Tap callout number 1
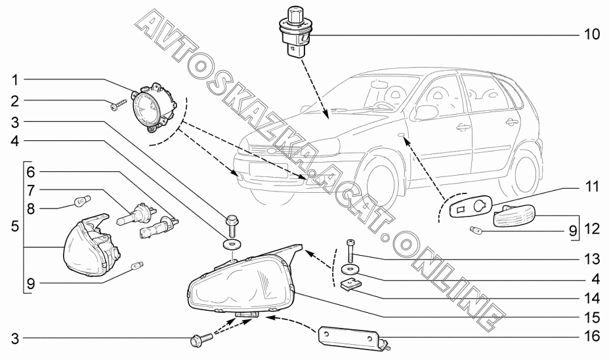(14, 80)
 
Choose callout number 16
(592, 336)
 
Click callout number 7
(31, 190)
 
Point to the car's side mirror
(427, 112)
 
